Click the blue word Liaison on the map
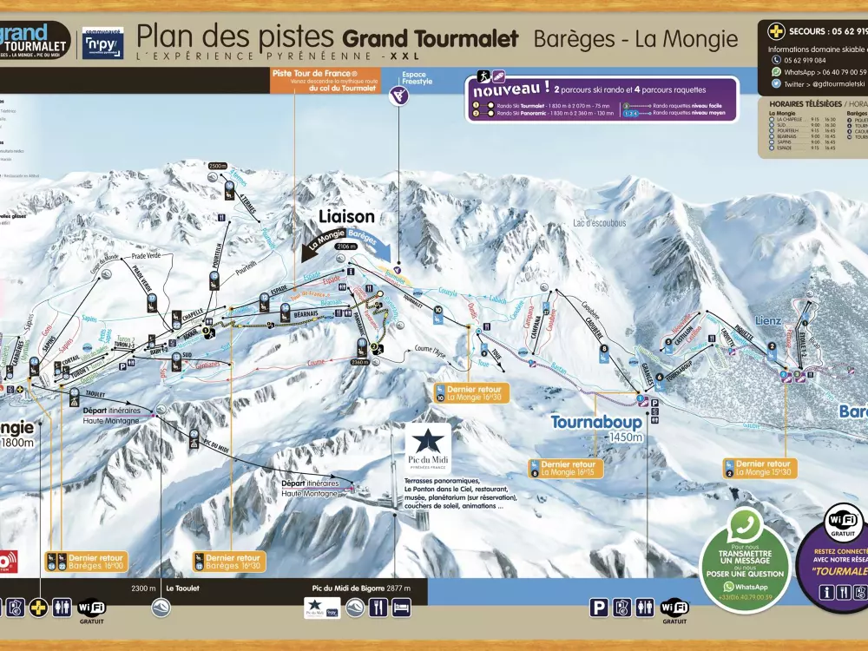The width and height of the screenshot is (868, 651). [346, 216]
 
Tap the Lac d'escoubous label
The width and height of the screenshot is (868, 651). [599, 223]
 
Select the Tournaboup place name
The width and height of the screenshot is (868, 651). [595, 423]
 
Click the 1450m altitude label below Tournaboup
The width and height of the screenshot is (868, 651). [625, 437]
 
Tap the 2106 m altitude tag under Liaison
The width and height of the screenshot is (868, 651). [345, 247]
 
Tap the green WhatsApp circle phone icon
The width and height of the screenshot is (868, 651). [744, 527]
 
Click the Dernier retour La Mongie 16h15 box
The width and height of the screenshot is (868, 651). [568, 468]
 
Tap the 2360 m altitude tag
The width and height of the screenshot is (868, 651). [360, 362]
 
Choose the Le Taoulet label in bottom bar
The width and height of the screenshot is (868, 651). [182, 588]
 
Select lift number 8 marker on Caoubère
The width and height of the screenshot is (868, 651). [603, 349]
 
